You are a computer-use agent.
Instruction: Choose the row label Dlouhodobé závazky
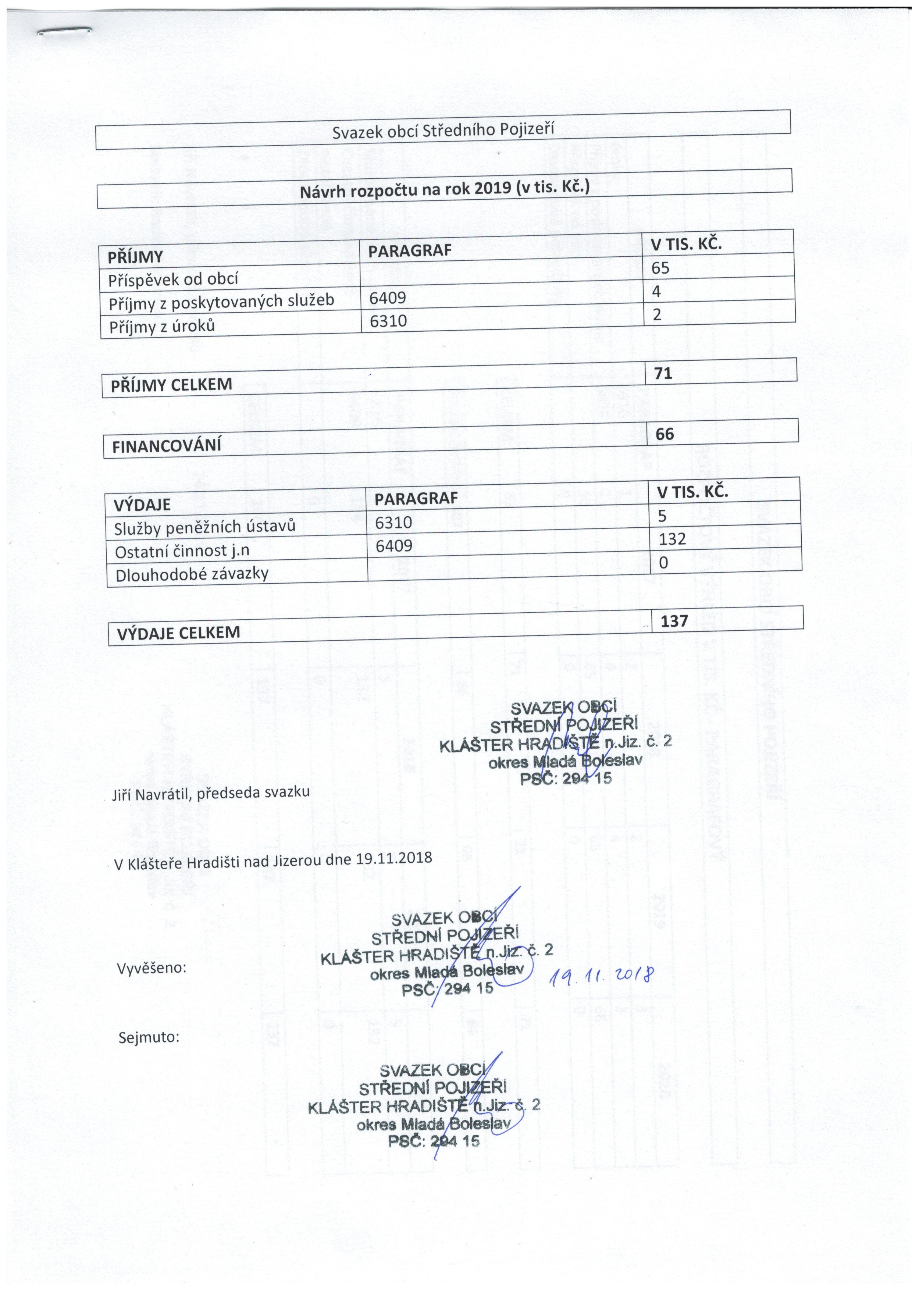tap(192, 574)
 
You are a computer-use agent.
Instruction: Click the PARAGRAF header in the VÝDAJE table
tap(416, 498)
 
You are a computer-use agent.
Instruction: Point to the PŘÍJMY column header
tap(135, 257)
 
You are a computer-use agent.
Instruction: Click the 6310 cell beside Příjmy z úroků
tap(388, 320)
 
